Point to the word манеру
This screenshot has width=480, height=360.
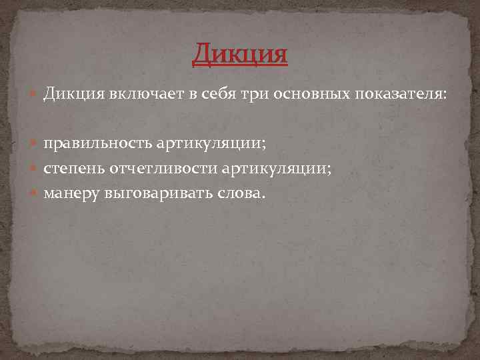[70, 194]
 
